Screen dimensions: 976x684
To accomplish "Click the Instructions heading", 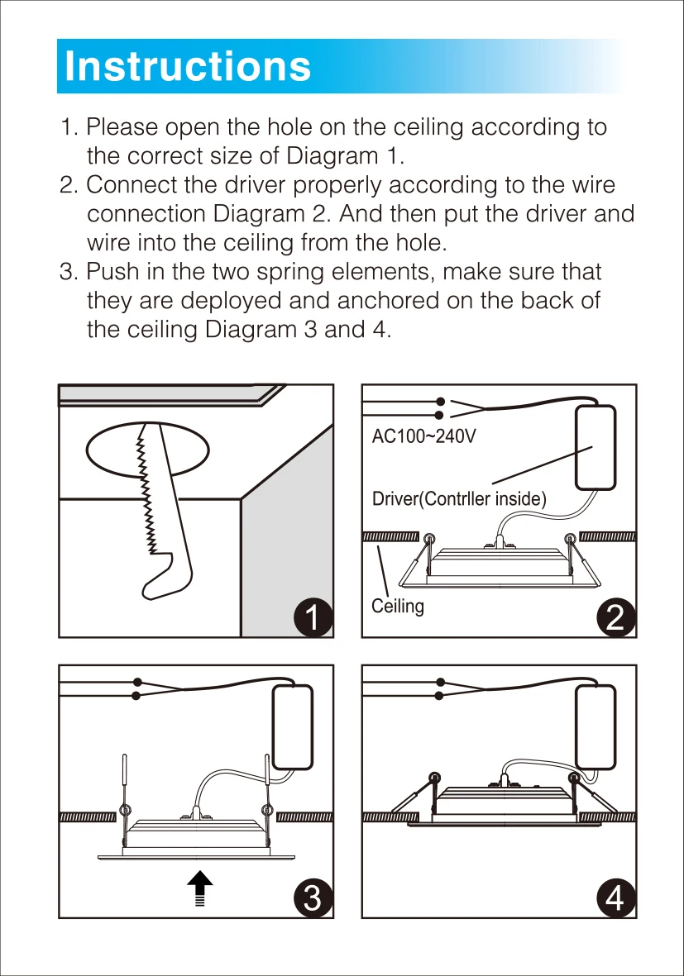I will tap(188, 66).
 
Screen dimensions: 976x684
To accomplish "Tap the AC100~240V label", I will tap(423, 436).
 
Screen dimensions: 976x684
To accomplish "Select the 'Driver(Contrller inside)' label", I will tap(459, 499).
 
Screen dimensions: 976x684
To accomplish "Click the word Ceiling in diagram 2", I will tap(398, 606).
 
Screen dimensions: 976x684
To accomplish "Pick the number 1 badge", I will tap(313, 617).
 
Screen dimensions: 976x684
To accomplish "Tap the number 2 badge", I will tap(616, 617).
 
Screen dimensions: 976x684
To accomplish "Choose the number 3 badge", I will tap(313, 897).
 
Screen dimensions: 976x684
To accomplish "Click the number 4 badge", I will tap(616, 897).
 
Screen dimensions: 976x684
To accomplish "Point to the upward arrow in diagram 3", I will tap(199, 889).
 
